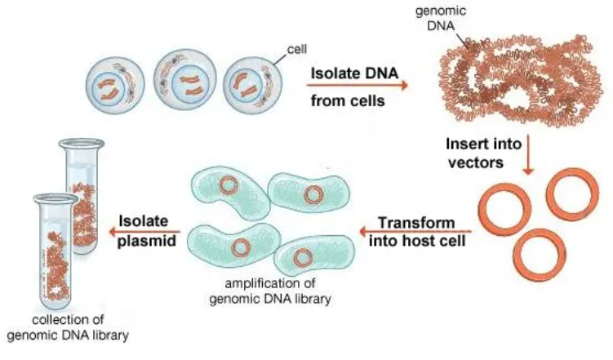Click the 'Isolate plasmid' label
(144, 229)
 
